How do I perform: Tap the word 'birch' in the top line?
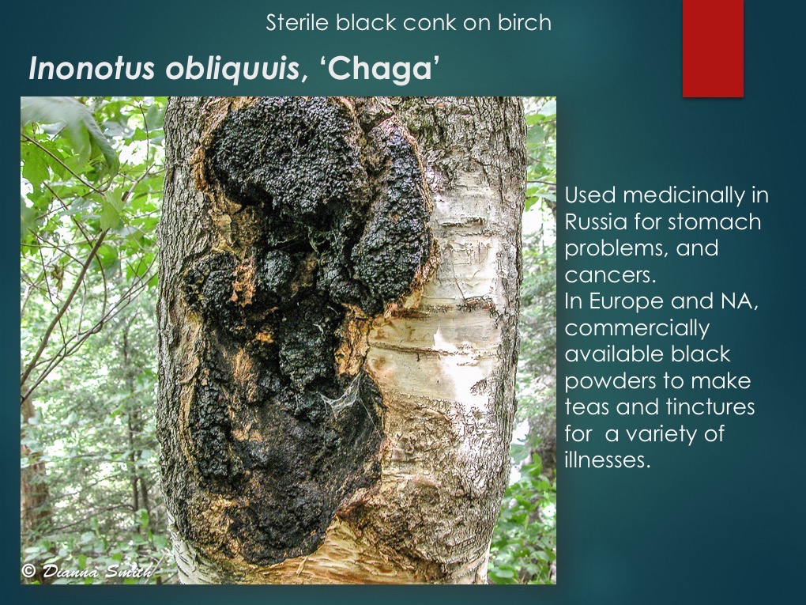524,22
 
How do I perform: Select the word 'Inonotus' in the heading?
94,70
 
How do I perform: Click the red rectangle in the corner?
713,47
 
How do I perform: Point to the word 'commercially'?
637,327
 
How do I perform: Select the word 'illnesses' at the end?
607,460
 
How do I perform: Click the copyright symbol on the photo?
28,571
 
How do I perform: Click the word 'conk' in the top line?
428,22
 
